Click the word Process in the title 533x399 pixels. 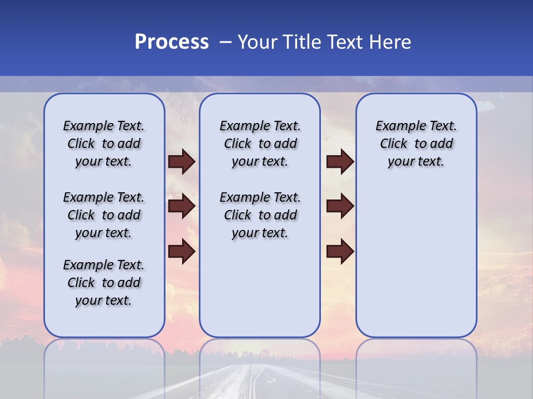172,42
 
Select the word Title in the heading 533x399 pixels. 299,42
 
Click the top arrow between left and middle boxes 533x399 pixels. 182,161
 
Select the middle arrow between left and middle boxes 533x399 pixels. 182,207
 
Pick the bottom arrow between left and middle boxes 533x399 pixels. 182,252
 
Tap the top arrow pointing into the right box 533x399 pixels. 340,161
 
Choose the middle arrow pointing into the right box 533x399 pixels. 340,207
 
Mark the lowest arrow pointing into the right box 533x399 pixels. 340,252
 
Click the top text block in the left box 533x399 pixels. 104,144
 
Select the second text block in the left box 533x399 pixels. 104,215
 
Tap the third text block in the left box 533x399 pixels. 104,283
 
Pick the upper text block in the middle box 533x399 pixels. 260,144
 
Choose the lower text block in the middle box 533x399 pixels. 260,215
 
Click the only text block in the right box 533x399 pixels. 416,144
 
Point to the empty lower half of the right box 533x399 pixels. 416,266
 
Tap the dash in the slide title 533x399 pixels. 225,42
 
